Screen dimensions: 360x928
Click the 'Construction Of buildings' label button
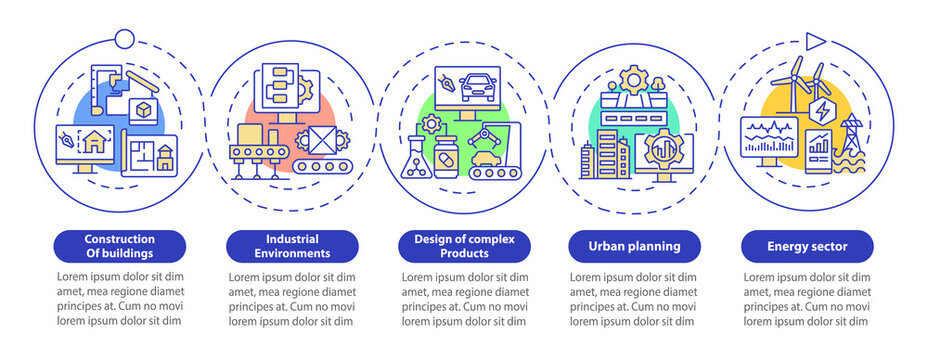point(119,246)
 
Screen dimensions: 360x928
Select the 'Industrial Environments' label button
point(292,246)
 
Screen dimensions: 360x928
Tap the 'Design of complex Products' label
point(464,246)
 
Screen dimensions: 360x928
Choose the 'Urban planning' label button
point(635,246)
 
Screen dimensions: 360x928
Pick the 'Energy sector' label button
point(807,246)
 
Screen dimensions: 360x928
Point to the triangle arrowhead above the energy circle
point(816,41)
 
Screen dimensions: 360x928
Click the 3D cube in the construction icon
point(145,111)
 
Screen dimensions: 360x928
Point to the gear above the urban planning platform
point(634,80)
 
